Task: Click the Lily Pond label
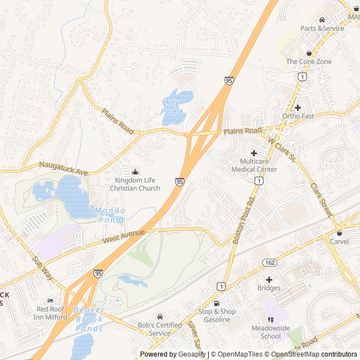click(x=172, y=107)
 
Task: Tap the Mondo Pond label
click(x=110, y=215)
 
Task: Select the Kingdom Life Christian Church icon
click(x=134, y=172)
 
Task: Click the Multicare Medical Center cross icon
click(x=254, y=152)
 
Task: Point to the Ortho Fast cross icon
click(x=298, y=107)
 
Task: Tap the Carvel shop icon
click(x=339, y=233)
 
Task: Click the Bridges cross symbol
click(x=269, y=280)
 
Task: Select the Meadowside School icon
click(x=271, y=319)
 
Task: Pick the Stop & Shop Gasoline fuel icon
click(x=217, y=303)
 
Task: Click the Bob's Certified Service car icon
click(x=160, y=316)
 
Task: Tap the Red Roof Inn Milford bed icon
click(x=51, y=300)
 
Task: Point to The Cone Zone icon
click(x=309, y=53)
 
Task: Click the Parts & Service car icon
click(x=322, y=20)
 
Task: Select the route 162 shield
click(x=269, y=262)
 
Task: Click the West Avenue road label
click(x=124, y=236)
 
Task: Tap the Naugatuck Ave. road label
click(x=65, y=166)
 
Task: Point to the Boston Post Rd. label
click(x=244, y=220)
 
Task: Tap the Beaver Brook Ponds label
click(x=88, y=319)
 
